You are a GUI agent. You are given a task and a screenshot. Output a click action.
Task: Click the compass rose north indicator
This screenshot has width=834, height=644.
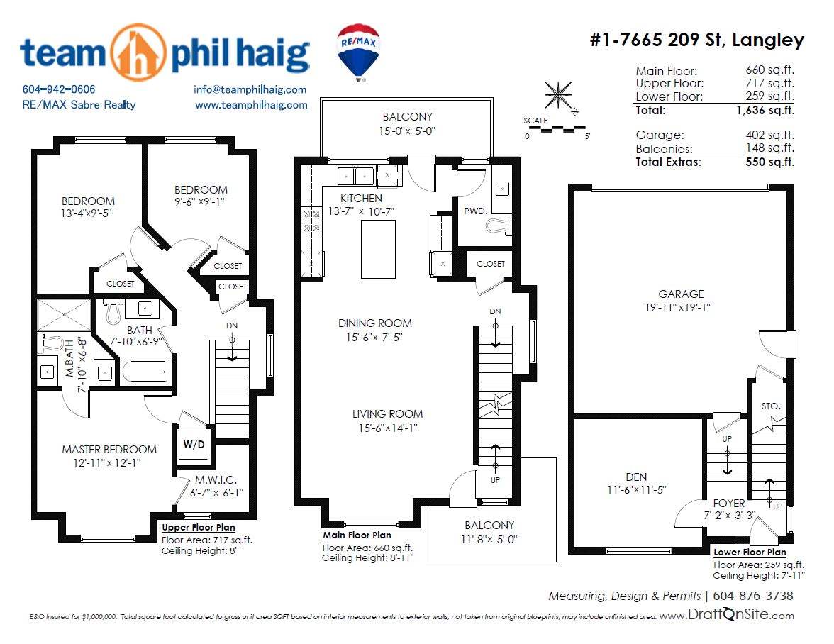pos(559,96)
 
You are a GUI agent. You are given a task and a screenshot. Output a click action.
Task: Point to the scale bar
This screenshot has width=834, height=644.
pos(556,128)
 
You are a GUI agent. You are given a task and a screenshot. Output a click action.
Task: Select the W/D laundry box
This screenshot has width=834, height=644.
pos(194,445)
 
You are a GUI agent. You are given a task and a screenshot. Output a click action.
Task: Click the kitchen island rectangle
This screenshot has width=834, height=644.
pos(378,249)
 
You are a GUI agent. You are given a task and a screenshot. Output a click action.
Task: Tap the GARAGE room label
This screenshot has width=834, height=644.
pos(681,294)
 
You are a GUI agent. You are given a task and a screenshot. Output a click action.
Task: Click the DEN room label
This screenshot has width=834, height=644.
pos(636,477)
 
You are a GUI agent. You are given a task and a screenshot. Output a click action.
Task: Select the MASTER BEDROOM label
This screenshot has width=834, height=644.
pos(109,450)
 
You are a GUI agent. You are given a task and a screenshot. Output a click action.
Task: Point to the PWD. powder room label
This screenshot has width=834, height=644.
pos(475,211)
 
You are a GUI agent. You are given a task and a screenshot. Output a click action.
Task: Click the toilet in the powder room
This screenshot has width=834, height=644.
pos(499,225)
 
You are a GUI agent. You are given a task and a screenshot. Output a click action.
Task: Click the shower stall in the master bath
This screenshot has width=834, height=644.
pos(65,315)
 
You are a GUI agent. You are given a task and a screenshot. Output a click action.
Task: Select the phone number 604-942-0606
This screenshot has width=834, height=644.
pos(58,89)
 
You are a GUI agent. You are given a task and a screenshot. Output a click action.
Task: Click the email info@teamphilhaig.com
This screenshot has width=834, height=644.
pos(250,89)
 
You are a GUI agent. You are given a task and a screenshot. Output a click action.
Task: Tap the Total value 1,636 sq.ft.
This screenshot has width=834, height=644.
pos(764,110)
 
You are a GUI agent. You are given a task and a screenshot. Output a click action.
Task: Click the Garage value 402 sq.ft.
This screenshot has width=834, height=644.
pos(769,135)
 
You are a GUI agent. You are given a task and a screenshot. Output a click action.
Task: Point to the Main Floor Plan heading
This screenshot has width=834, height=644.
pos(357,535)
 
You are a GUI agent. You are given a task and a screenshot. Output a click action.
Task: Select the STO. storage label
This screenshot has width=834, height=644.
pos(771,406)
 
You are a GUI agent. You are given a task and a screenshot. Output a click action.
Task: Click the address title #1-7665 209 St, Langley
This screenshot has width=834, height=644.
pos(696,39)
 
